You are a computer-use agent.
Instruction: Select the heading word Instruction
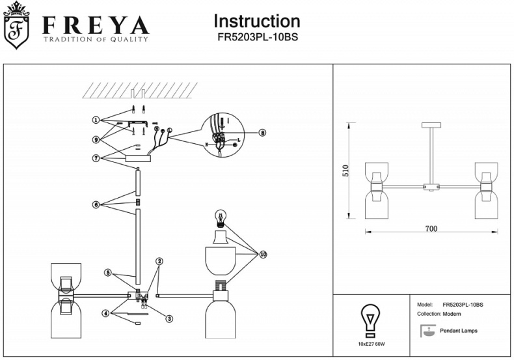[x=257, y=21]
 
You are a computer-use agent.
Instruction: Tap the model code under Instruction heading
[x=257, y=38]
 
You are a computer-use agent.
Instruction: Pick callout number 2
[x=159, y=262]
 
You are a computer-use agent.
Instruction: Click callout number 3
[x=169, y=318]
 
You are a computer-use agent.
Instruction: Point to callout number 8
[x=262, y=132]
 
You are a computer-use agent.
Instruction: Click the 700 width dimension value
[x=431, y=228]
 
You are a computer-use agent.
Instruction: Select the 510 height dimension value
[x=346, y=171]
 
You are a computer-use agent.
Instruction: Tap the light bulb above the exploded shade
[x=220, y=217]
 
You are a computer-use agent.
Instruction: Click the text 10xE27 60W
[x=372, y=343]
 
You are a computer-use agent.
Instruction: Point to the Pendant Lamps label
[x=458, y=331]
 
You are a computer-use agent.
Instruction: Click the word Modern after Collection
[x=452, y=314]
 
